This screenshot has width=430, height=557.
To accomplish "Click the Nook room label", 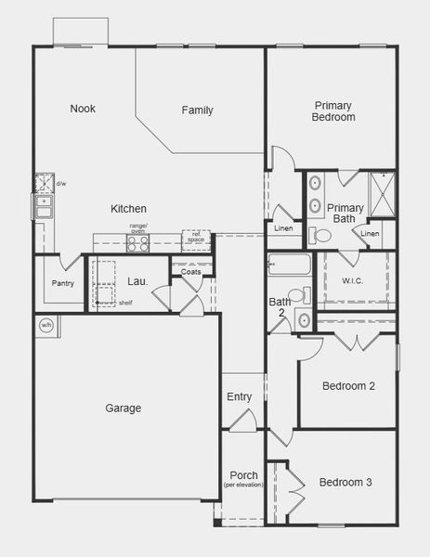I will (83, 109).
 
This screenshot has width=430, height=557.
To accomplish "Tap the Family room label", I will (197, 110).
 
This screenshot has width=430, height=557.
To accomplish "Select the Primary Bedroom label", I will (333, 111).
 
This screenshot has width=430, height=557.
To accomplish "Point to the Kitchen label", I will (128, 209).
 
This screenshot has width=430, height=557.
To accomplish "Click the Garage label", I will (123, 408).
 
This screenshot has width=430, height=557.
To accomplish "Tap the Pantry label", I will (63, 283).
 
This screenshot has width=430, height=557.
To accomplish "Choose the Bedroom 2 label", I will (348, 386).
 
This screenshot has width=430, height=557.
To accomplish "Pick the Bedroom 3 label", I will (345, 483).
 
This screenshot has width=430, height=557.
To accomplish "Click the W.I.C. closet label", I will (352, 280).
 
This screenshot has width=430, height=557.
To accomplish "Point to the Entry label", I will (240, 397).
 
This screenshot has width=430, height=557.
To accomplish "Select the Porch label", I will (243, 476).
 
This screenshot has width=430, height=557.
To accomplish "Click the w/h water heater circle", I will (46, 325).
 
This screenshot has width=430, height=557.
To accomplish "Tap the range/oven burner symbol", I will (138, 243).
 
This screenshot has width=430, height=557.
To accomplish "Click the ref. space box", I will (195, 238).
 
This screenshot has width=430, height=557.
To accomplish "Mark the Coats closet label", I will (190, 272).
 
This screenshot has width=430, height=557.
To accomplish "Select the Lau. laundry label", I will (137, 281).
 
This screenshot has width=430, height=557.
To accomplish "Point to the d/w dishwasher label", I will (61, 184).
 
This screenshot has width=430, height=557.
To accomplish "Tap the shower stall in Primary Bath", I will (383, 192).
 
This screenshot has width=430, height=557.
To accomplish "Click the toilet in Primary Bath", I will (322, 236).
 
